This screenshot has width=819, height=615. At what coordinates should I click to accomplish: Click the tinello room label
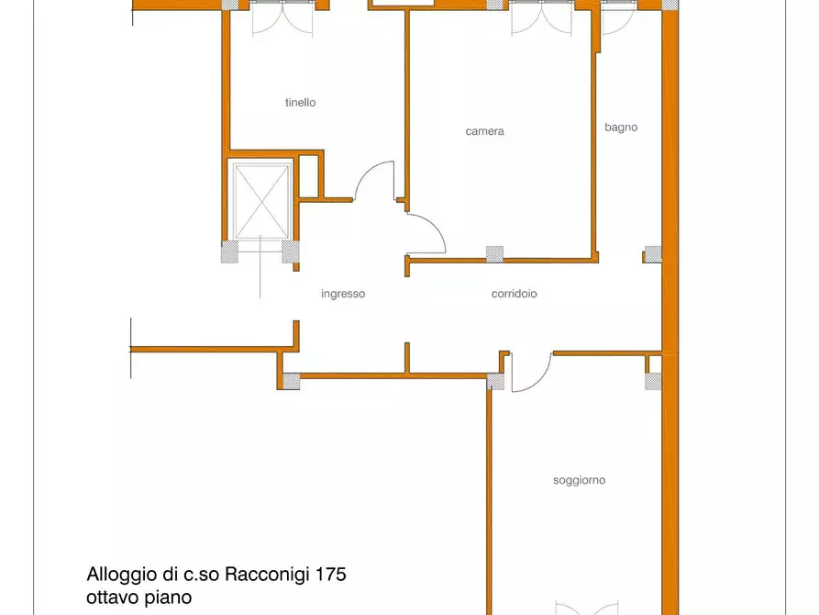300,103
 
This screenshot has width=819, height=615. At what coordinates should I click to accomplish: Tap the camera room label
484,131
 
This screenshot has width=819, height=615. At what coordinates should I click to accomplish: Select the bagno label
621,128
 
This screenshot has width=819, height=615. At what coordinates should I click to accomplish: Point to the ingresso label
343,294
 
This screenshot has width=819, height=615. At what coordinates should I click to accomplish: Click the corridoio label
514,294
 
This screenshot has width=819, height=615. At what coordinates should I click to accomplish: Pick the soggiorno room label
579,480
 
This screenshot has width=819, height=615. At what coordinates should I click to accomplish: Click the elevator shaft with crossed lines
261,199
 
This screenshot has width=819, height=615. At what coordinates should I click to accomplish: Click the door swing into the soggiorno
530,373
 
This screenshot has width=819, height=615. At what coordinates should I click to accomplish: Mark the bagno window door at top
615,18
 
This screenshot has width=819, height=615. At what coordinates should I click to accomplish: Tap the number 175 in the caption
330,576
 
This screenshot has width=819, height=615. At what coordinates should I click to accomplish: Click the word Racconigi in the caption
266,576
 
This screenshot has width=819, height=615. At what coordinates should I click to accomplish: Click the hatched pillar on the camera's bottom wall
494,254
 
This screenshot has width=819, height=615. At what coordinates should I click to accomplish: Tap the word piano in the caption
171,598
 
